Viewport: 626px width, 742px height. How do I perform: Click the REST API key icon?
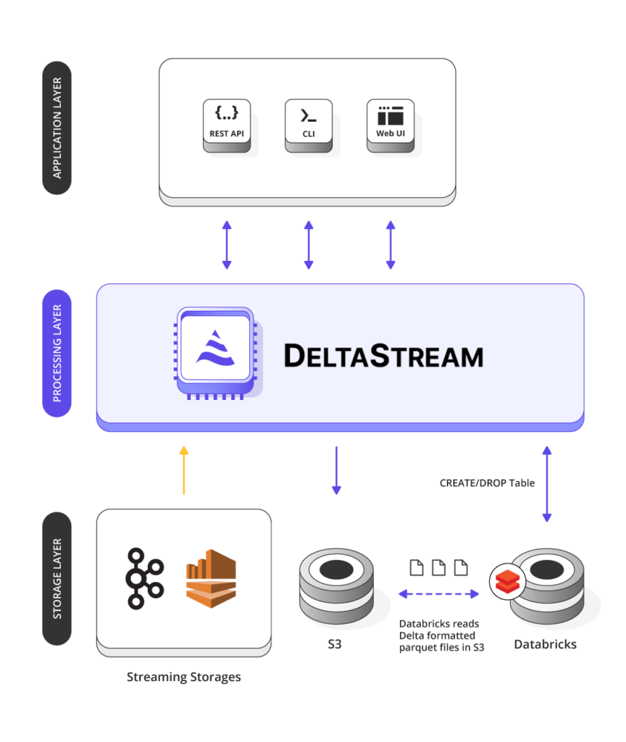227,125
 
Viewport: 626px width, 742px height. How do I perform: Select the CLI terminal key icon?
309,125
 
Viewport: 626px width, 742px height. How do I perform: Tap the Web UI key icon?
391,125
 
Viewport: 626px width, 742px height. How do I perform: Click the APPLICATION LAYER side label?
57,128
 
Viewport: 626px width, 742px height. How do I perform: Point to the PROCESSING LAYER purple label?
57,353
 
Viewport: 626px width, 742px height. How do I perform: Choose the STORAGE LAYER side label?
57,578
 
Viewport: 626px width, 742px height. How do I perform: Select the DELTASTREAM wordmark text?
383,356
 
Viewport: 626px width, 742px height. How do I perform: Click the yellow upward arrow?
184,470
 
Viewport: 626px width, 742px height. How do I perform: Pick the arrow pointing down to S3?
336,470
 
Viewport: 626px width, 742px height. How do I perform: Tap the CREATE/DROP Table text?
487,483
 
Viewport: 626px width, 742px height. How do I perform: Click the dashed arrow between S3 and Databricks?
438,594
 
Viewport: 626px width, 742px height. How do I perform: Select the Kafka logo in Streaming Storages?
144,578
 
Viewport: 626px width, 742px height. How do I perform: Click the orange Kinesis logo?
211,578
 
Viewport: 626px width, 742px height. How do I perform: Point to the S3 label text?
335,644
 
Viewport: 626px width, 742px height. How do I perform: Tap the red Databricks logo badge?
507,582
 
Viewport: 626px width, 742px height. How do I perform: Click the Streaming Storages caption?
183,678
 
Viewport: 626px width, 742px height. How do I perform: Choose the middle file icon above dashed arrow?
438,567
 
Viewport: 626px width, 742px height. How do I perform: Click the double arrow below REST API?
227,245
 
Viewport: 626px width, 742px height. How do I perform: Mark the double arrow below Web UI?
391,245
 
